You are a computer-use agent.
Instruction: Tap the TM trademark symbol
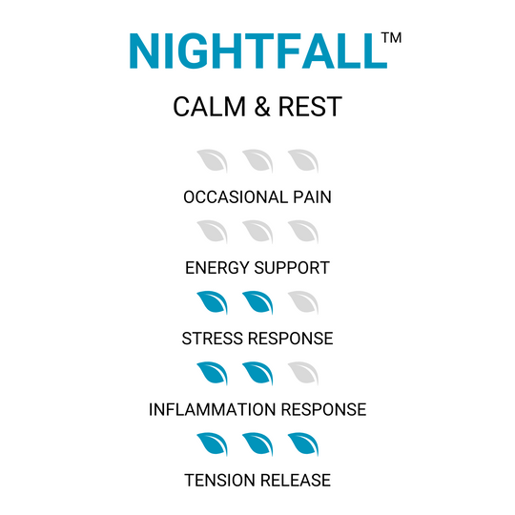point(390,37)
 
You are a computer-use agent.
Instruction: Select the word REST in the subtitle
point(310,107)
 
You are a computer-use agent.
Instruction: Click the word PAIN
point(311,197)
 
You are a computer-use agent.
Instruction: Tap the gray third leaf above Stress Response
point(303,303)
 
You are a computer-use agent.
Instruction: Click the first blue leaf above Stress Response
point(212,303)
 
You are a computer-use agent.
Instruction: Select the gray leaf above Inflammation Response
point(303,374)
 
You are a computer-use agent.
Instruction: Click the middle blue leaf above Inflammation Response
point(257,374)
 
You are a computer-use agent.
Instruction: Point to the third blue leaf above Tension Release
point(303,444)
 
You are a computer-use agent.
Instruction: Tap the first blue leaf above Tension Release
point(212,444)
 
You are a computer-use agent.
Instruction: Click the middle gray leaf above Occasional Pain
point(257,160)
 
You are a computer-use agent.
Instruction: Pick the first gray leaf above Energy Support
point(212,232)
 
